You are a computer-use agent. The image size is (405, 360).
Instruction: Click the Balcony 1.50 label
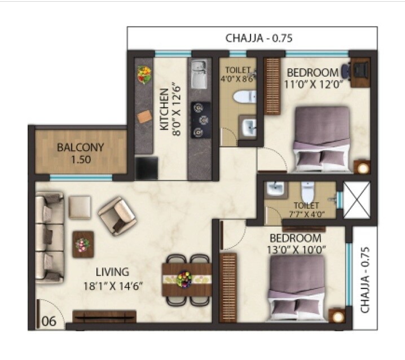[x=81, y=153]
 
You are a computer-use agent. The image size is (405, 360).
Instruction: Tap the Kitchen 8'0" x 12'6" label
[x=169, y=109]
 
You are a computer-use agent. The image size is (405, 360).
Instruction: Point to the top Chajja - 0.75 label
[x=259, y=39]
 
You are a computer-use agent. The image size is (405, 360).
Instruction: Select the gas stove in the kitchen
[x=200, y=119]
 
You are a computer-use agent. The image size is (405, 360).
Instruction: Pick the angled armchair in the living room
[x=117, y=213]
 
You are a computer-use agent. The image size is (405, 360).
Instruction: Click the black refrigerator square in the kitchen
[x=146, y=169]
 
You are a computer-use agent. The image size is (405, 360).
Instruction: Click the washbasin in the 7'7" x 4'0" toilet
[x=275, y=190]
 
